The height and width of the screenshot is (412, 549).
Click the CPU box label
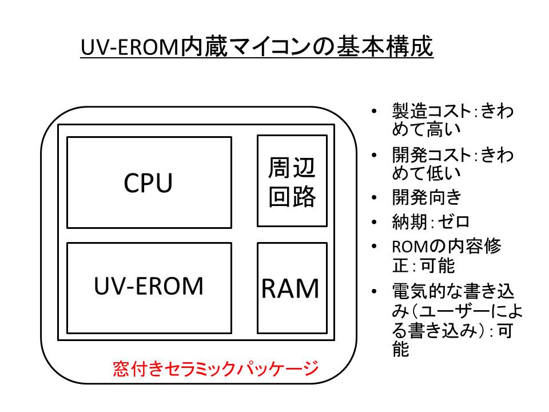click(149, 184)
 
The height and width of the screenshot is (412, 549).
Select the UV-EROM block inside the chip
click(149, 286)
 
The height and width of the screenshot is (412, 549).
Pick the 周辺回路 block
click(292, 182)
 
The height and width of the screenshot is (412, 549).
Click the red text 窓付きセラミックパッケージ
click(214, 369)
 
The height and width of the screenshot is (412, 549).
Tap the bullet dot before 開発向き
click(374, 197)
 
